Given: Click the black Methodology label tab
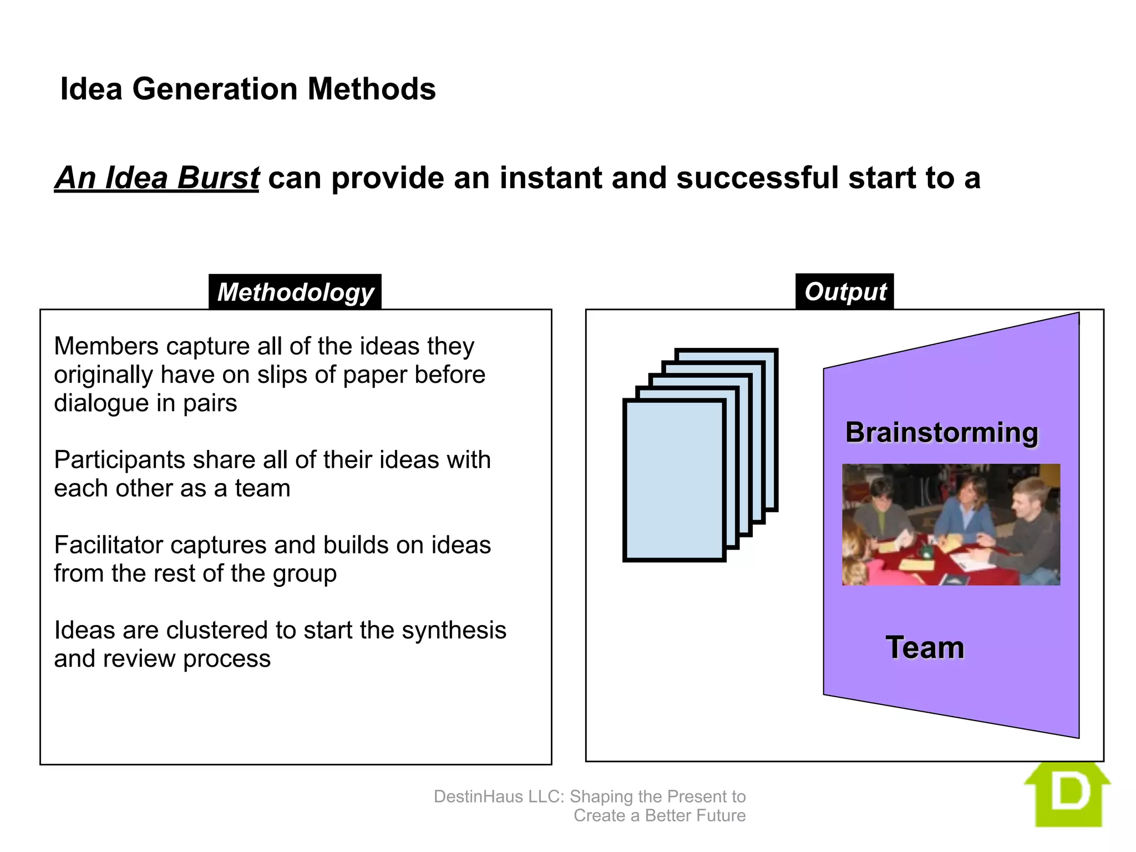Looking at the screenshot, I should [295, 292].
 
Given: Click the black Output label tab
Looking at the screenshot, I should [844, 292].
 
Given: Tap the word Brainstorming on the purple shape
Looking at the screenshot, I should [941, 433].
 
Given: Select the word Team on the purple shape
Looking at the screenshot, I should [925, 648].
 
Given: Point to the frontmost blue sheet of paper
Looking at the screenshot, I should [674, 480].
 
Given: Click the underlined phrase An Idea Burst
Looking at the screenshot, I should [157, 178].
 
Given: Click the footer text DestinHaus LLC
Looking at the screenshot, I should [499, 797].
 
